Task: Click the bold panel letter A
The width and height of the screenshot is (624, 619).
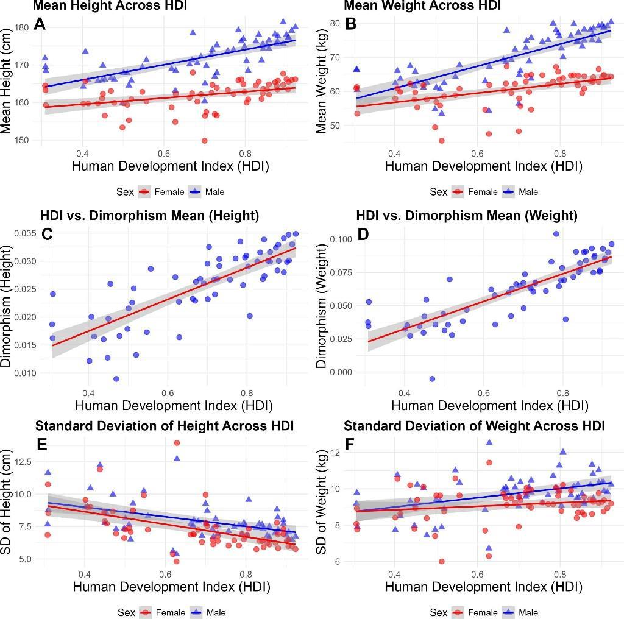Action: pyautogui.click(x=40, y=24)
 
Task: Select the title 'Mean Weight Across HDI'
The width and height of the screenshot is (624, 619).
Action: pyautogui.click(x=422, y=6)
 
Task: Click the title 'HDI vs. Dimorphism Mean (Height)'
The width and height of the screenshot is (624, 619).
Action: pyautogui.click(x=149, y=215)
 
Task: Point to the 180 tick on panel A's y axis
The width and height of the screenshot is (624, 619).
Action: pyautogui.click(x=22, y=27)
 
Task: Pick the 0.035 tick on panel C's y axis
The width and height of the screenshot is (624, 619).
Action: pyautogui.click(x=22, y=233)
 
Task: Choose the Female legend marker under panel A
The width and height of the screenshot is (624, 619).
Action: pyautogui.click(x=145, y=192)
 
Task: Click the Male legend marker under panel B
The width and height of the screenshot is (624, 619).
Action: pyautogui.click(x=511, y=192)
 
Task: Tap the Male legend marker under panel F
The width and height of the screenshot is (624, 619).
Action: pyautogui.click(x=511, y=612)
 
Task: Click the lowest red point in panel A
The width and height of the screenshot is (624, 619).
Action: pyautogui.click(x=204, y=141)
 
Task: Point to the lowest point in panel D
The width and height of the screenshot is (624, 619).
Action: pyautogui.click(x=432, y=378)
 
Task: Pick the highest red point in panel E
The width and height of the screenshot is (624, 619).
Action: pyautogui.click(x=177, y=443)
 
